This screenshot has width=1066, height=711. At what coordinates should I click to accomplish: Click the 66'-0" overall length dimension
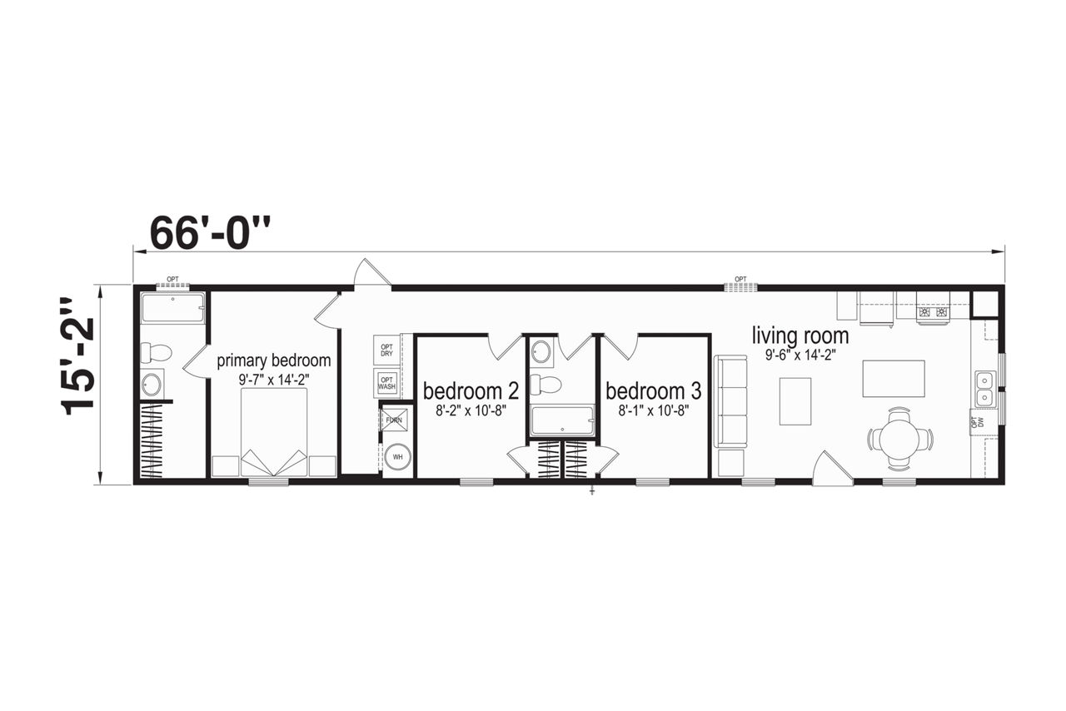[x=211, y=233]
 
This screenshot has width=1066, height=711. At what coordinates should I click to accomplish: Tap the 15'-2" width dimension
[x=77, y=357]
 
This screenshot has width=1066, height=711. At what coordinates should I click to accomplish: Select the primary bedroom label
[x=274, y=360]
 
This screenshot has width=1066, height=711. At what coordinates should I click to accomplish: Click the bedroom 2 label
[x=471, y=390]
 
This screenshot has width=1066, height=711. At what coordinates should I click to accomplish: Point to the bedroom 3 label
[x=654, y=390]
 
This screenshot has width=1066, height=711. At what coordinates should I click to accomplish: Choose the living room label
[x=800, y=336]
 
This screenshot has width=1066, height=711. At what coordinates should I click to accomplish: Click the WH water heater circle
[x=397, y=457]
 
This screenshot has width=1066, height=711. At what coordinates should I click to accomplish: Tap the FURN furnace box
[x=394, y=420]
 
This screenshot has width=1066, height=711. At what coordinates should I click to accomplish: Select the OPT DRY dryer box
[x=386, y=351]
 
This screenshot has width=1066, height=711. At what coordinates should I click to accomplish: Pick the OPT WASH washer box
[x=386, y=383]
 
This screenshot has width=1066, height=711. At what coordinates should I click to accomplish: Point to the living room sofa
[x=730, y=400]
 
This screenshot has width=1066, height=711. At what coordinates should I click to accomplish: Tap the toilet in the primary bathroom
[x=156, y=353]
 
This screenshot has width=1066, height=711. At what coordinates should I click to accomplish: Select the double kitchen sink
[x=984, y=389]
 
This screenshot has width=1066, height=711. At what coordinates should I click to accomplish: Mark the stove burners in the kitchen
[x=934, y=312]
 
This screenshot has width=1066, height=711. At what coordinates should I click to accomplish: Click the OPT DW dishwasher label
[x=980, y=422]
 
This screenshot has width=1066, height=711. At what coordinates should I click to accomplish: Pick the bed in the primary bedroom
[x=274, y=432]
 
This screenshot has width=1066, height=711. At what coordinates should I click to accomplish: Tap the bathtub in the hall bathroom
[x=562, y=420]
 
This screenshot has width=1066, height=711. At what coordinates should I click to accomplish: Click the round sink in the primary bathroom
[x=152, y=385]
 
